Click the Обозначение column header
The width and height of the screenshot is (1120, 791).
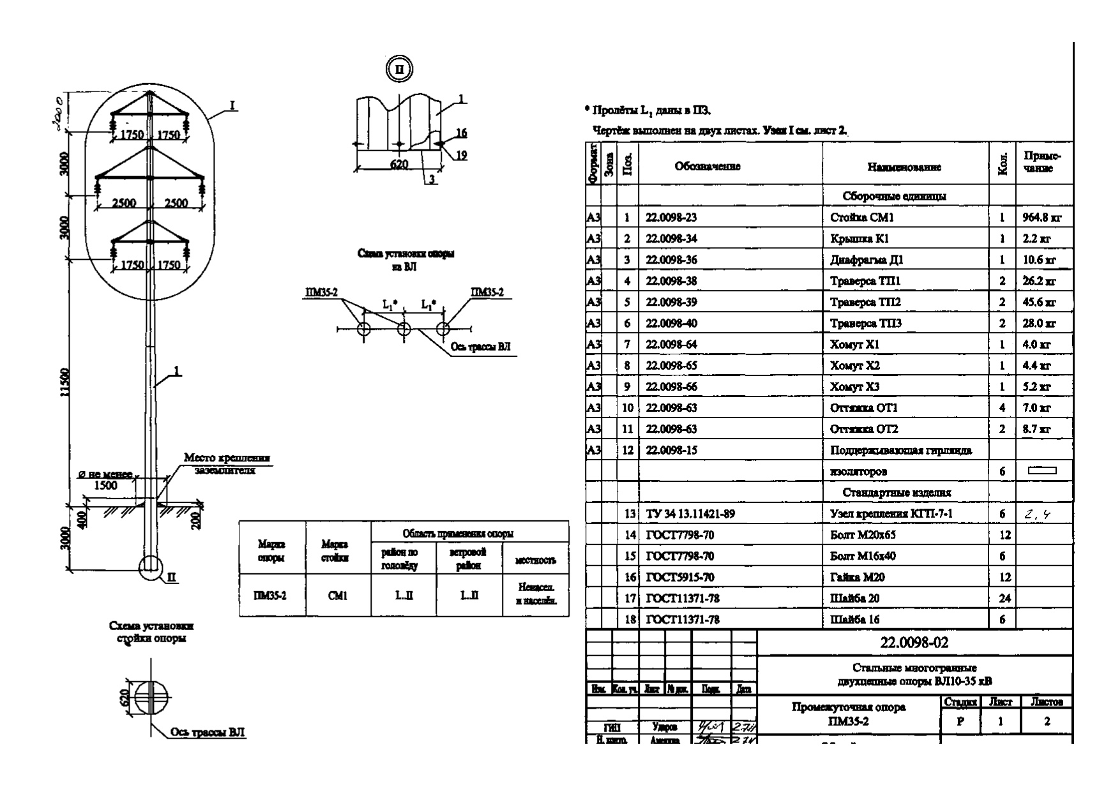(708, 167)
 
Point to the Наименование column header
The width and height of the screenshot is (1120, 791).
(904, 167)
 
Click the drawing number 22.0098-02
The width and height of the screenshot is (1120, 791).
(914, 643)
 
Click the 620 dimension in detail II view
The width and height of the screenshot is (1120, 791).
(398, 164)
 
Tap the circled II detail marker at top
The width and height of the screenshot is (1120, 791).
(400, 70)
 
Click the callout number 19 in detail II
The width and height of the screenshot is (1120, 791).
(461, 154)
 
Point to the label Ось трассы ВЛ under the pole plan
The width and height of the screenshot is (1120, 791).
(208, 732)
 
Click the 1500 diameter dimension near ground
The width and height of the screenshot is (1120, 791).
(105, 485)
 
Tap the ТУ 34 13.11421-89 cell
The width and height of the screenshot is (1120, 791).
(690, 514)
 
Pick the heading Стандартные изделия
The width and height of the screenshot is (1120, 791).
(897, 493)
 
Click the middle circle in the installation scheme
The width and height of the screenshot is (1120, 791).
(404, 329)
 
